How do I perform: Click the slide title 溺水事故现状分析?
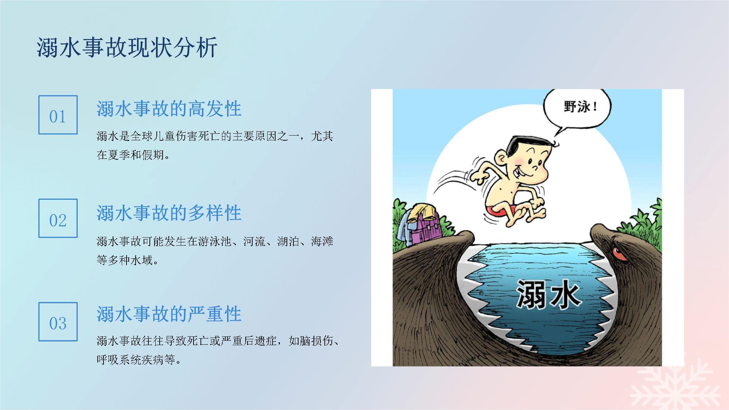127,47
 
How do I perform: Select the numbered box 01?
58,115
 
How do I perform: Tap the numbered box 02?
58,218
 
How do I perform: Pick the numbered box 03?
58,321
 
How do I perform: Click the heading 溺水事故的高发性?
169,109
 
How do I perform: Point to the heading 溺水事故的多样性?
169,213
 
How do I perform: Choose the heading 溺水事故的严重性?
169,314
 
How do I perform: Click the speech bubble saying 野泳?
577,109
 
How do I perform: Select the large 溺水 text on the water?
548,294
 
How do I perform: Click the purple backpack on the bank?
425,228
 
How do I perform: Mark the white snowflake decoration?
675,383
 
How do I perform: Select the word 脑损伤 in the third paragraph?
317,341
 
